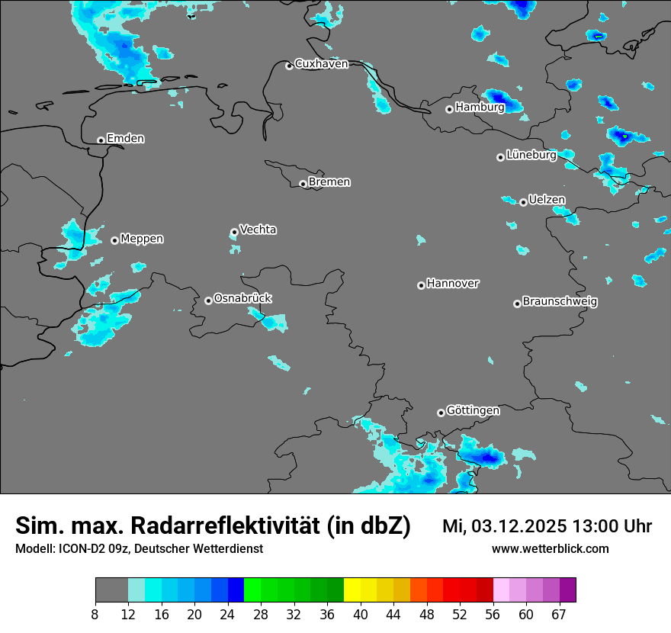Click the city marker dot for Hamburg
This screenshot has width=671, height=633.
pyautogui.click(x=449, y=109)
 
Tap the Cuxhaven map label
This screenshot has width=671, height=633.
pyautogui.click(x=321, y=64)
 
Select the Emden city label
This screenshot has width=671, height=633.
pyautogui.click(x=125, y=138)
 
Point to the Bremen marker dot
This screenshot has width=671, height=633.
pyautogui.click(x=303, y=184)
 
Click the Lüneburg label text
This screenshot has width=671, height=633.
pyautogui.click(x=531, y=155)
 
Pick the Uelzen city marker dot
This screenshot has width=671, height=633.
pyautogui.click(x=523, y=202)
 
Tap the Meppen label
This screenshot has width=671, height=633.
pyautogui.click(x=142, y=239)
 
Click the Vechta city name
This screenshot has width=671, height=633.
pyautogui.click(x=258, y=230)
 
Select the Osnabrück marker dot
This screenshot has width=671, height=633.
pyautogui.click(x=208, y=300)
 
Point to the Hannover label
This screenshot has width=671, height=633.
pyautogui.click(x=453, y=284)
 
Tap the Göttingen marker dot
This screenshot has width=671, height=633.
pyautogui.click(x=441, y=413)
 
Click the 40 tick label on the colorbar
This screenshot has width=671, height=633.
pyautogui.click(x=361, y=614)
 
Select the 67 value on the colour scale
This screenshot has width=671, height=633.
pyautogui.click(x=559, y=614)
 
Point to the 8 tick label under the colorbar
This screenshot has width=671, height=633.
pyautogui.click(x=95, y=614)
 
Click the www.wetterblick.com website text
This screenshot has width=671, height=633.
pyautogui.click(x=550, y=549)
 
